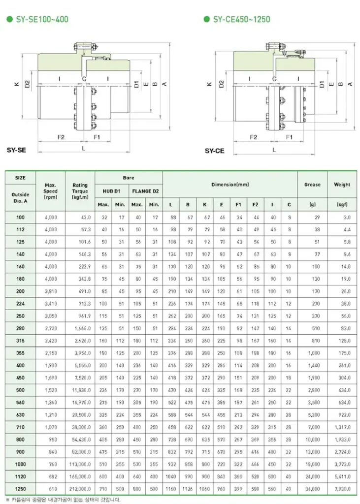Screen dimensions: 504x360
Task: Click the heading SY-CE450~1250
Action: (241, 20)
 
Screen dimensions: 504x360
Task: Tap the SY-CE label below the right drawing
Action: (214, 151)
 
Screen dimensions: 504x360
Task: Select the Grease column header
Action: (312, 185)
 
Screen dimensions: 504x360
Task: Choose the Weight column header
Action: (342, 185)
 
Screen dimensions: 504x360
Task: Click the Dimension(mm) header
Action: (230, 185)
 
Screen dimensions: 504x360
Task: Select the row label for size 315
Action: (20, 340)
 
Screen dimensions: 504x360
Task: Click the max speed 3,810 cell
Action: (50, 291)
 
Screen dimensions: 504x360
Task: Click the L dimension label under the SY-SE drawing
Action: (83, 148)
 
